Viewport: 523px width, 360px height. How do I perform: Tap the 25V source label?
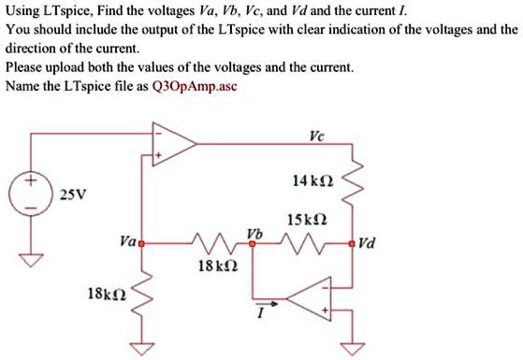click(x=70, y=195)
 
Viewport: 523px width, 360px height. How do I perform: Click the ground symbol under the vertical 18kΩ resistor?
click(x=142, y=350)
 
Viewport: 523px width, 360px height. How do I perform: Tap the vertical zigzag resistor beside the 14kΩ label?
click(x=352, y=187)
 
